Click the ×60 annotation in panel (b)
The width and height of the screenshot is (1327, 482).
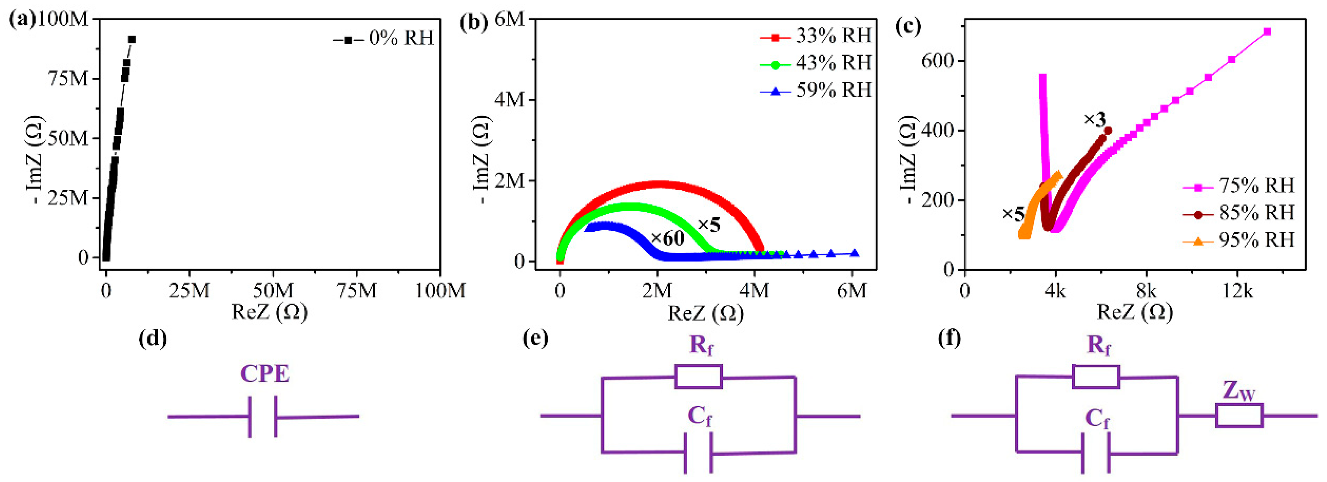click(668, 238)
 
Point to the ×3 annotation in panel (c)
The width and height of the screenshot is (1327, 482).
click(1095, 120)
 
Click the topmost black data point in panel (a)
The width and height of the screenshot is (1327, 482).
click(132, 39)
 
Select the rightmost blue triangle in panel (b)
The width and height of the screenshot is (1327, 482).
click(855, 253)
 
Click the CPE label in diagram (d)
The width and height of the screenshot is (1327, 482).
click(265, 374)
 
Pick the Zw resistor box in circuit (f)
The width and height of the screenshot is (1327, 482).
click(1239, 415)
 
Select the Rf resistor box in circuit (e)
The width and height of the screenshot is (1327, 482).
click(698, 376)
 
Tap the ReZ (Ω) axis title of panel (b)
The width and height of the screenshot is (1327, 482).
click(706, 313)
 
